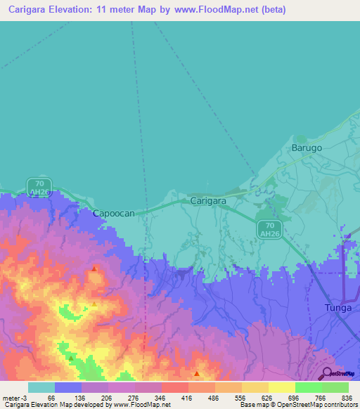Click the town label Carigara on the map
[x=208, y=201]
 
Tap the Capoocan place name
[x=114, y=212]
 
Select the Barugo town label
[x=307, y=148]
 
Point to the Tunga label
[x=338, y=308]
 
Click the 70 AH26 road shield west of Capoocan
[x=39, y=187]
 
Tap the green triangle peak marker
[x=71, y=358]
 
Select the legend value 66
[x=51, y=397]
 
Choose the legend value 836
[x=345, y=397]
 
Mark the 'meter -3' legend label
[x=14, y=397]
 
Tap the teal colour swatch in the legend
[x=41, y=387]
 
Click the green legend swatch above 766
[x=308, y=387]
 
